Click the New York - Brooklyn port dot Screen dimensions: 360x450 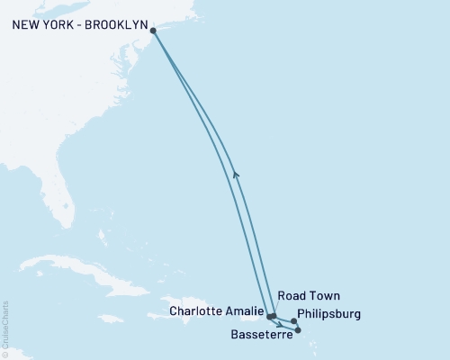(154, 31)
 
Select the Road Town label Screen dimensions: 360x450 (309, 295)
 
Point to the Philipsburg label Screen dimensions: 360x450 (328, 314)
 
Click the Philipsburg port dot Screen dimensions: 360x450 (294, 321)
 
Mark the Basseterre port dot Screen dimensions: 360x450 (298, 330)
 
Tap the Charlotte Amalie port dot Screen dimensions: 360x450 (270, 316)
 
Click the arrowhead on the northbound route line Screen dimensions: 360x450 (235, 174)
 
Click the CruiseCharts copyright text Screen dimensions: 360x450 (5, 329)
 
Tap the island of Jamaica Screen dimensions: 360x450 (110, 319)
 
